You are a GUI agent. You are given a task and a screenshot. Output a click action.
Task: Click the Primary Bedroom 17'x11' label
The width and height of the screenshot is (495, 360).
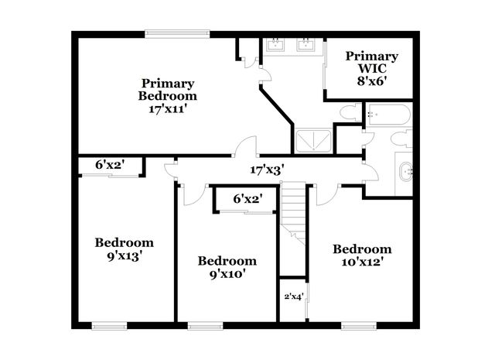[167, 96]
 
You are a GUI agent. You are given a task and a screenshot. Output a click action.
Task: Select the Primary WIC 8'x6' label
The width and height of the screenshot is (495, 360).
[371, 67]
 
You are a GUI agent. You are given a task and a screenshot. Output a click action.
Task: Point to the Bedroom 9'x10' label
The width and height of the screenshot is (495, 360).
[227, 267]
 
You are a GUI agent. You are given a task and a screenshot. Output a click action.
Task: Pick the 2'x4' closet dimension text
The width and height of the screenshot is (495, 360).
[292, 296]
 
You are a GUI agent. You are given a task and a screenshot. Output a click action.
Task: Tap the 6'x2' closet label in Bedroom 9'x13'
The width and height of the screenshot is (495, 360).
[110, 165]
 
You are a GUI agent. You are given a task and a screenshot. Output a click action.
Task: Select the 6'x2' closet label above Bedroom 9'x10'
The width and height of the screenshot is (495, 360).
[247, 199]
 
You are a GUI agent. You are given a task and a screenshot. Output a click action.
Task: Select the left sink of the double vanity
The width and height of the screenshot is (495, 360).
[276, 44]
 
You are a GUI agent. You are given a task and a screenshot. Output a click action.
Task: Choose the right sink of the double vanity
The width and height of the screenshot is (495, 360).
[306, 44]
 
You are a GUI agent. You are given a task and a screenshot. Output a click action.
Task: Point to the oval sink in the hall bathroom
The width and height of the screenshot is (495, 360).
[405, 173]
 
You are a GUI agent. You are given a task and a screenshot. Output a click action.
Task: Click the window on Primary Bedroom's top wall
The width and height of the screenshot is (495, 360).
[176, 33]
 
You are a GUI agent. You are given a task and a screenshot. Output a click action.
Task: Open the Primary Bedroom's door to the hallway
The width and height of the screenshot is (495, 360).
[247, 147]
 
